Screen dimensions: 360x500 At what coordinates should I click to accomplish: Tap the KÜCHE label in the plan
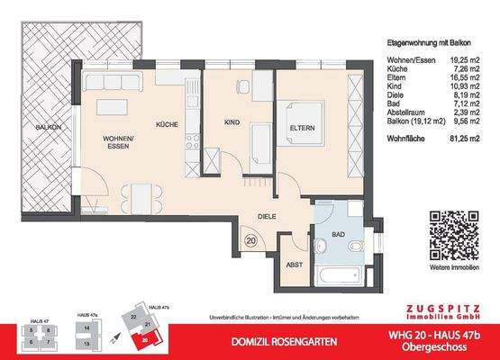coord(167,125)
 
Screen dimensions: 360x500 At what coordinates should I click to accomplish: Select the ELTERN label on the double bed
coord(302,129)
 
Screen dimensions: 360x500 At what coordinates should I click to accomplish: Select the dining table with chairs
coord(137,195)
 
